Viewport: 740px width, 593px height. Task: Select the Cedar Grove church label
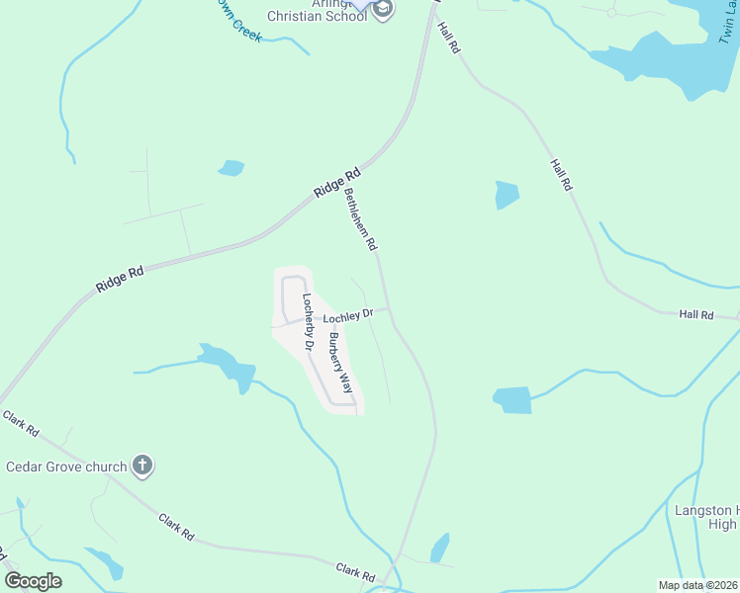click(x=66, y=466)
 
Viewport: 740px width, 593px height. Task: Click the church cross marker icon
click(x=142, y=466)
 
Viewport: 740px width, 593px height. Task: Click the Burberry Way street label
click(x=339, y=363)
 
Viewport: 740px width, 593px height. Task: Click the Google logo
click(x=34, y=580)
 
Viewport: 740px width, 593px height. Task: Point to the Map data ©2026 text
click(x=697, y=585)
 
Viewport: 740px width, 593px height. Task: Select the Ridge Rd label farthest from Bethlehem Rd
click(x=120, y=278)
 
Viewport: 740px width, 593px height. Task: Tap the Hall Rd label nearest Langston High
click(x=695, y=314)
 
